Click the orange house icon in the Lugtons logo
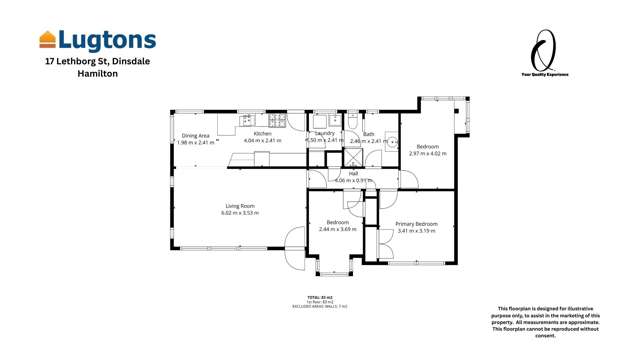tap(47, 40)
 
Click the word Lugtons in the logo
tap(107, 40)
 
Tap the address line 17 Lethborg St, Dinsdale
tap(97, 61)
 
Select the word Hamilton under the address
tap(97, 74)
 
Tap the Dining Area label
tap(196, 135)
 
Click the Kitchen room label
tap(262, 133)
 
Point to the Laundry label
tap(325, 133)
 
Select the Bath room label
tap(368, 134)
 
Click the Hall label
tap(353, 173)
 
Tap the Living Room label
tap(240, 206)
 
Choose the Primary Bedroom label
tap(416, 224)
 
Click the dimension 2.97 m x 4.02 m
tap(428, 154)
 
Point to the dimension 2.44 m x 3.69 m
tap(337, 230)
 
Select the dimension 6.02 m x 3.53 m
tap(240, 213)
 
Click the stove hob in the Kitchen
tap(273, 120)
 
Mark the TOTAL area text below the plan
tap(327, 297)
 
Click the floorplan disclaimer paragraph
tap(563, 321)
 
